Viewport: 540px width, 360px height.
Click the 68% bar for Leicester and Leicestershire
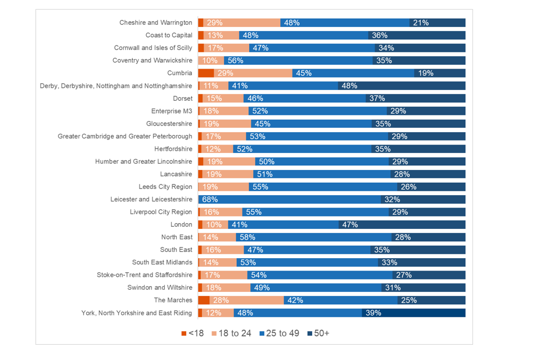pos(289,199)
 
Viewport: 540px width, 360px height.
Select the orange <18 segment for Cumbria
pos(206,73)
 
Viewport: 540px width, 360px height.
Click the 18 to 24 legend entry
pos(232,334)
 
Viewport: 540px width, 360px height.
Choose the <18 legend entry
pos(192,334)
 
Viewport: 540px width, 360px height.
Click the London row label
pos(181,224)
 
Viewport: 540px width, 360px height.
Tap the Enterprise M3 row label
pos(172,111)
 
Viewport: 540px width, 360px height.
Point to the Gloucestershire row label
pos(169,124)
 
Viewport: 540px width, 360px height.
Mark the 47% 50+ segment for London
pos(402,224)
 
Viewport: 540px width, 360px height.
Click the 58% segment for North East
pos(313,237)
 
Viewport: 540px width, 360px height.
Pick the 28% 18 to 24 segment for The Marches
pos(246,300)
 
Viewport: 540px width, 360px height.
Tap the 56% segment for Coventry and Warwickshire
pos(298,60)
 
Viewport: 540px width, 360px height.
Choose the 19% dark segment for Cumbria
pos(440,73)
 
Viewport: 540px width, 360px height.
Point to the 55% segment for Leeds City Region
pos(323,187)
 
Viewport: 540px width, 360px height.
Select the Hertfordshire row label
pos(173,149)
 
